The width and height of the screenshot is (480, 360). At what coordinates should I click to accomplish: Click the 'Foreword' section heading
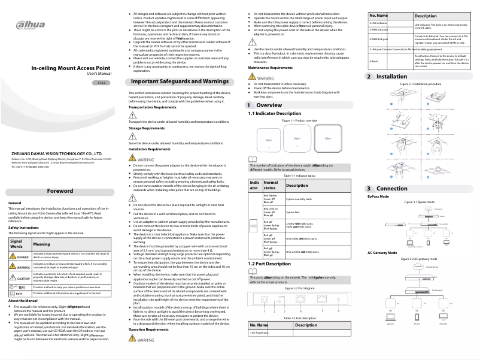pos(62,192)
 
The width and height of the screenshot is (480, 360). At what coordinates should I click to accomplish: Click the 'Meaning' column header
pos(42,244)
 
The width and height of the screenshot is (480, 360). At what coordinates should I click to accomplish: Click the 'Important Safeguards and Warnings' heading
pos(180,80)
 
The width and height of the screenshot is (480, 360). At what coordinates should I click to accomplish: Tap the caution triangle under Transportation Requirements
pos(133,115)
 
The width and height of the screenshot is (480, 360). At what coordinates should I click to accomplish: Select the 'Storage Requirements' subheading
pos(147,128)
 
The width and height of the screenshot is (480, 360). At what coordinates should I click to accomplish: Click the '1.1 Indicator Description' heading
pos(275,113)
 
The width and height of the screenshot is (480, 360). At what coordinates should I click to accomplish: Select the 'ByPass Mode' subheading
pos(378,196)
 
